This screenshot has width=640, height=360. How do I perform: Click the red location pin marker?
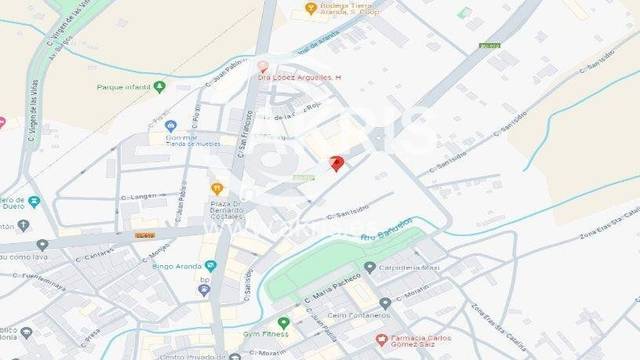pyautogui.click(x=337, y=163)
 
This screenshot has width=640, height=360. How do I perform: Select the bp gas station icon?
pyautogui.click(x=204, y=290)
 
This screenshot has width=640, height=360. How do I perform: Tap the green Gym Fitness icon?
pyautogui.click(x=283, y=323)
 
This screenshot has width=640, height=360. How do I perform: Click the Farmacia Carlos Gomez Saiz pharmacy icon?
pyautogui.click(x=381, y=340)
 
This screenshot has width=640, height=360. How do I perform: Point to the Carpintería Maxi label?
pyautogui.click(x=409, y=267)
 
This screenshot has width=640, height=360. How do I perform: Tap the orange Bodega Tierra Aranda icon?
pyautogui.click(x=310, y=8)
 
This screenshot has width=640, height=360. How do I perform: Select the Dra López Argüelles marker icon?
pyautogui.click(x=262, y=67)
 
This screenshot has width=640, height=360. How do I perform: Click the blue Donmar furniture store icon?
pyautogui.click(x=171, y=126)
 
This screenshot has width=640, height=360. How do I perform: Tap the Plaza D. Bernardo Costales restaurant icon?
pyautogui.click(x=216, y=188)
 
